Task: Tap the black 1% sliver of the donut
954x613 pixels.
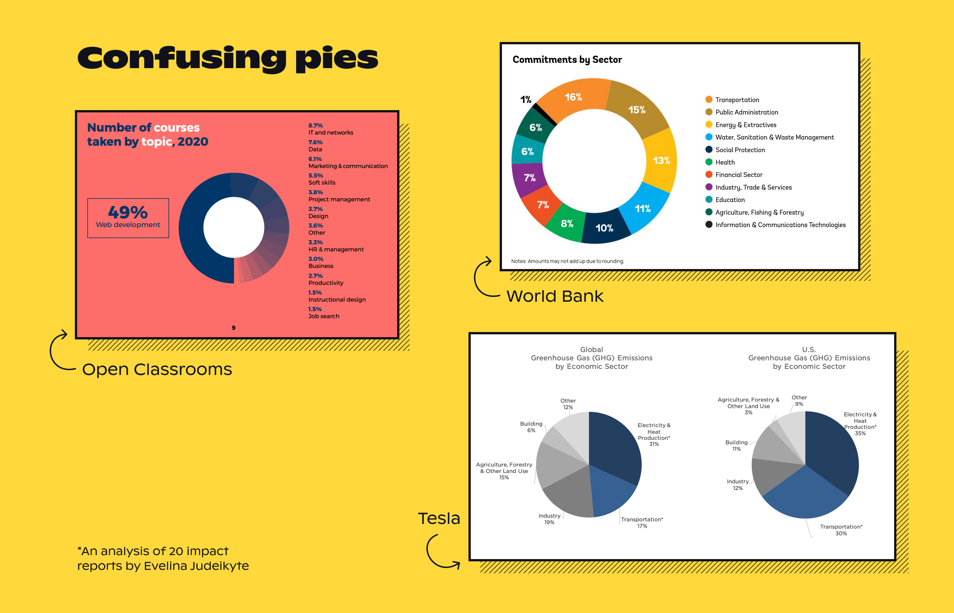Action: tap(544, 114)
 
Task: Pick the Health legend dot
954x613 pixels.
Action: tap(709, 162)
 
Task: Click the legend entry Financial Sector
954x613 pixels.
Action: tap(738, 175)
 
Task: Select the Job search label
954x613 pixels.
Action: tap(324, 316)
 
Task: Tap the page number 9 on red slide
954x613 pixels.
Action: tap(233, 328)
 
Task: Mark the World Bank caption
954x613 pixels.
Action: tap(555, 296)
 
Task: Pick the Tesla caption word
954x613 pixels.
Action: tap(439, 519)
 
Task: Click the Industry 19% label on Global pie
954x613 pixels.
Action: tap(549, 519)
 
